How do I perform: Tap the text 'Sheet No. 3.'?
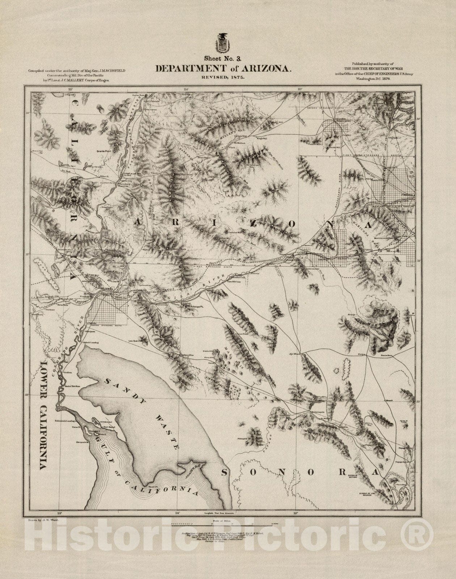click(220, 58)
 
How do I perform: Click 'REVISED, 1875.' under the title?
click(222, 77)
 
